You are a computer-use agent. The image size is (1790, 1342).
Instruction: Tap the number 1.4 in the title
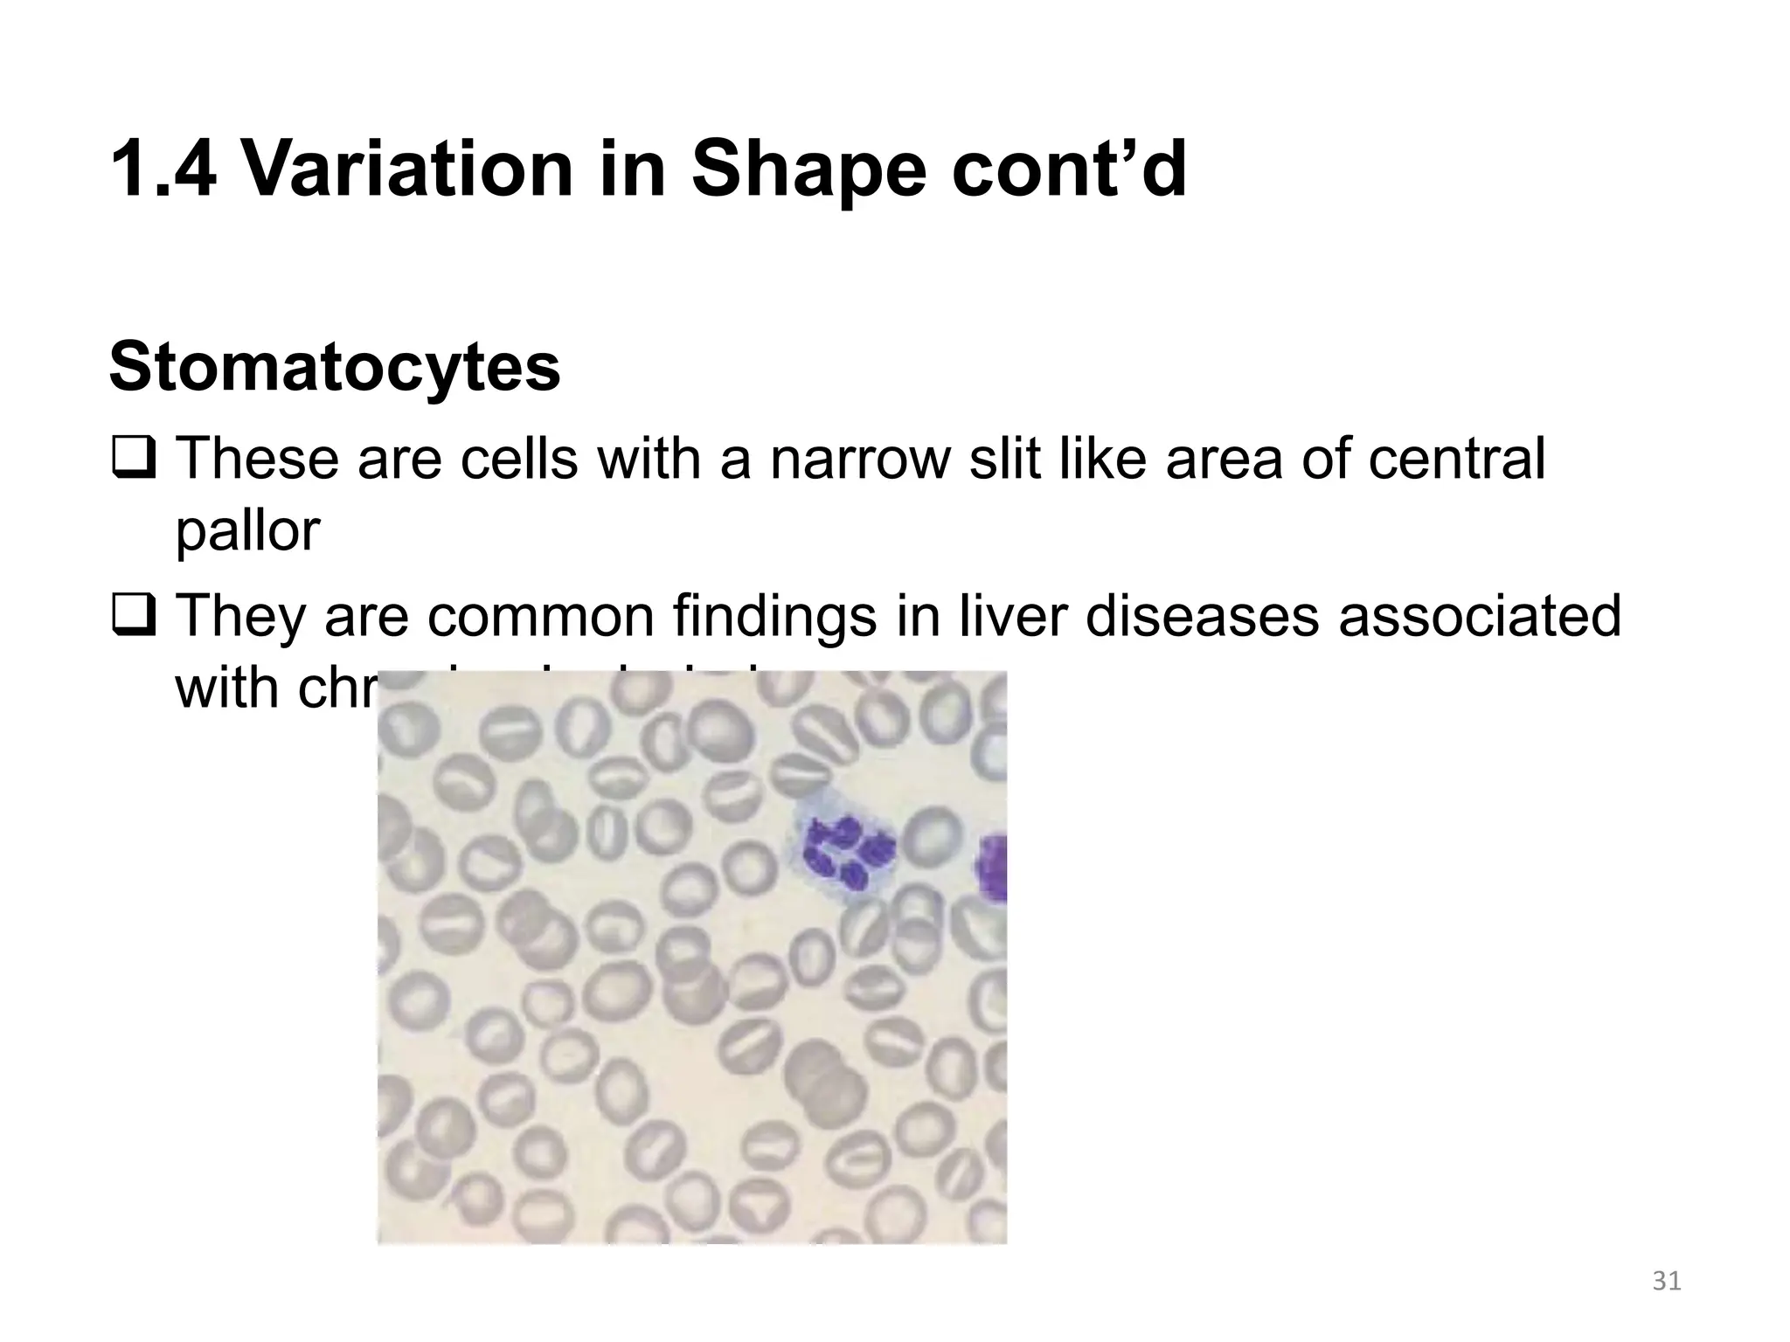[163, 169]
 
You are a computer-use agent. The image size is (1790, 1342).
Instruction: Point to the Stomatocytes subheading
[335, 368]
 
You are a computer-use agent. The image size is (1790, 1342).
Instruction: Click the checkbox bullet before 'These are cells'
[132, 459]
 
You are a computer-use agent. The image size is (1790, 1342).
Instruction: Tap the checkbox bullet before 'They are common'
[132, 615]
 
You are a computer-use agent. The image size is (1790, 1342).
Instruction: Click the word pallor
[247, 532]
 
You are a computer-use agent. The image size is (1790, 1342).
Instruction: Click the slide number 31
[1667, 1281]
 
